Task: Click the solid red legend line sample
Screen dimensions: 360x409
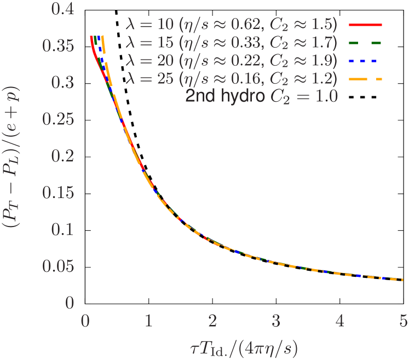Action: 365,25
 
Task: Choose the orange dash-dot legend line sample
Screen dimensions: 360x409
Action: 365,79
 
